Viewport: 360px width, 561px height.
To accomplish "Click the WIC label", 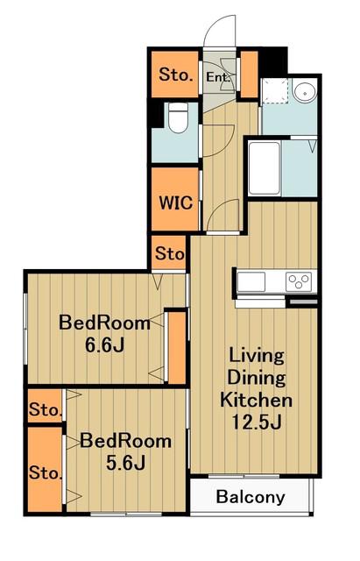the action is (x=175, y=202).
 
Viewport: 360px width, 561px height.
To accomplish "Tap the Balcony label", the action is (x=251, y=497).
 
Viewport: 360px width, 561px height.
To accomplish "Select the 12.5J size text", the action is (x=257, y=422).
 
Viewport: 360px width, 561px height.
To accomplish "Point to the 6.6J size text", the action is (x=104, y=344).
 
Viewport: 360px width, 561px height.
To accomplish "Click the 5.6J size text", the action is (x=125, y=463).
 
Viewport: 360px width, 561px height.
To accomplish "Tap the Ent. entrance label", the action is (x=218, y=76).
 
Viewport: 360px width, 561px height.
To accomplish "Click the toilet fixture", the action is (x=178, y=117).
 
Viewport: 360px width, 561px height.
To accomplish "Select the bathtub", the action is (x=265, y=168).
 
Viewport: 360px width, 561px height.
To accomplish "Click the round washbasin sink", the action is (x=305, y=93).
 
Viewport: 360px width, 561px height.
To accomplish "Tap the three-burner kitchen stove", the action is (x=299, y=281).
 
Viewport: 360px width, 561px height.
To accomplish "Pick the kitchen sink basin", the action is (x=251, y=281).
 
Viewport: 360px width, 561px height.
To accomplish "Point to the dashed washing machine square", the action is (x=274, y=90).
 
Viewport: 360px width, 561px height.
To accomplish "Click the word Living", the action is (x=257, y=356).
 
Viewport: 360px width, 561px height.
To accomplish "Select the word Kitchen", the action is (x=256, y=400).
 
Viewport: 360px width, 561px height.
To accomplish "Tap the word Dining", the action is (x=257, y=378).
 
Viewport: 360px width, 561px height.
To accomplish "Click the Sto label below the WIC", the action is (x=170, y=253).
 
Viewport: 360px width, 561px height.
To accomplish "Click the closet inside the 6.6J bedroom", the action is (x=177, y=347).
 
